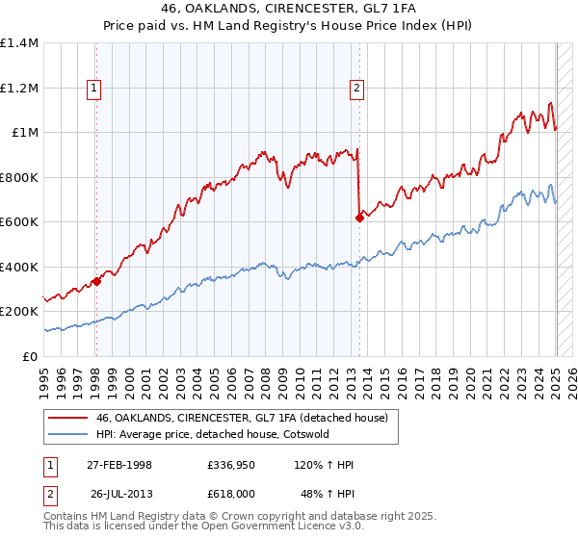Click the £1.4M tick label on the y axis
coord(19,43)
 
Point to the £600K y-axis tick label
coord(19,222)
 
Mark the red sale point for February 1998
coord(96,282)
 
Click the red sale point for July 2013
coord(359,218)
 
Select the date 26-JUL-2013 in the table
coord(119,493)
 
